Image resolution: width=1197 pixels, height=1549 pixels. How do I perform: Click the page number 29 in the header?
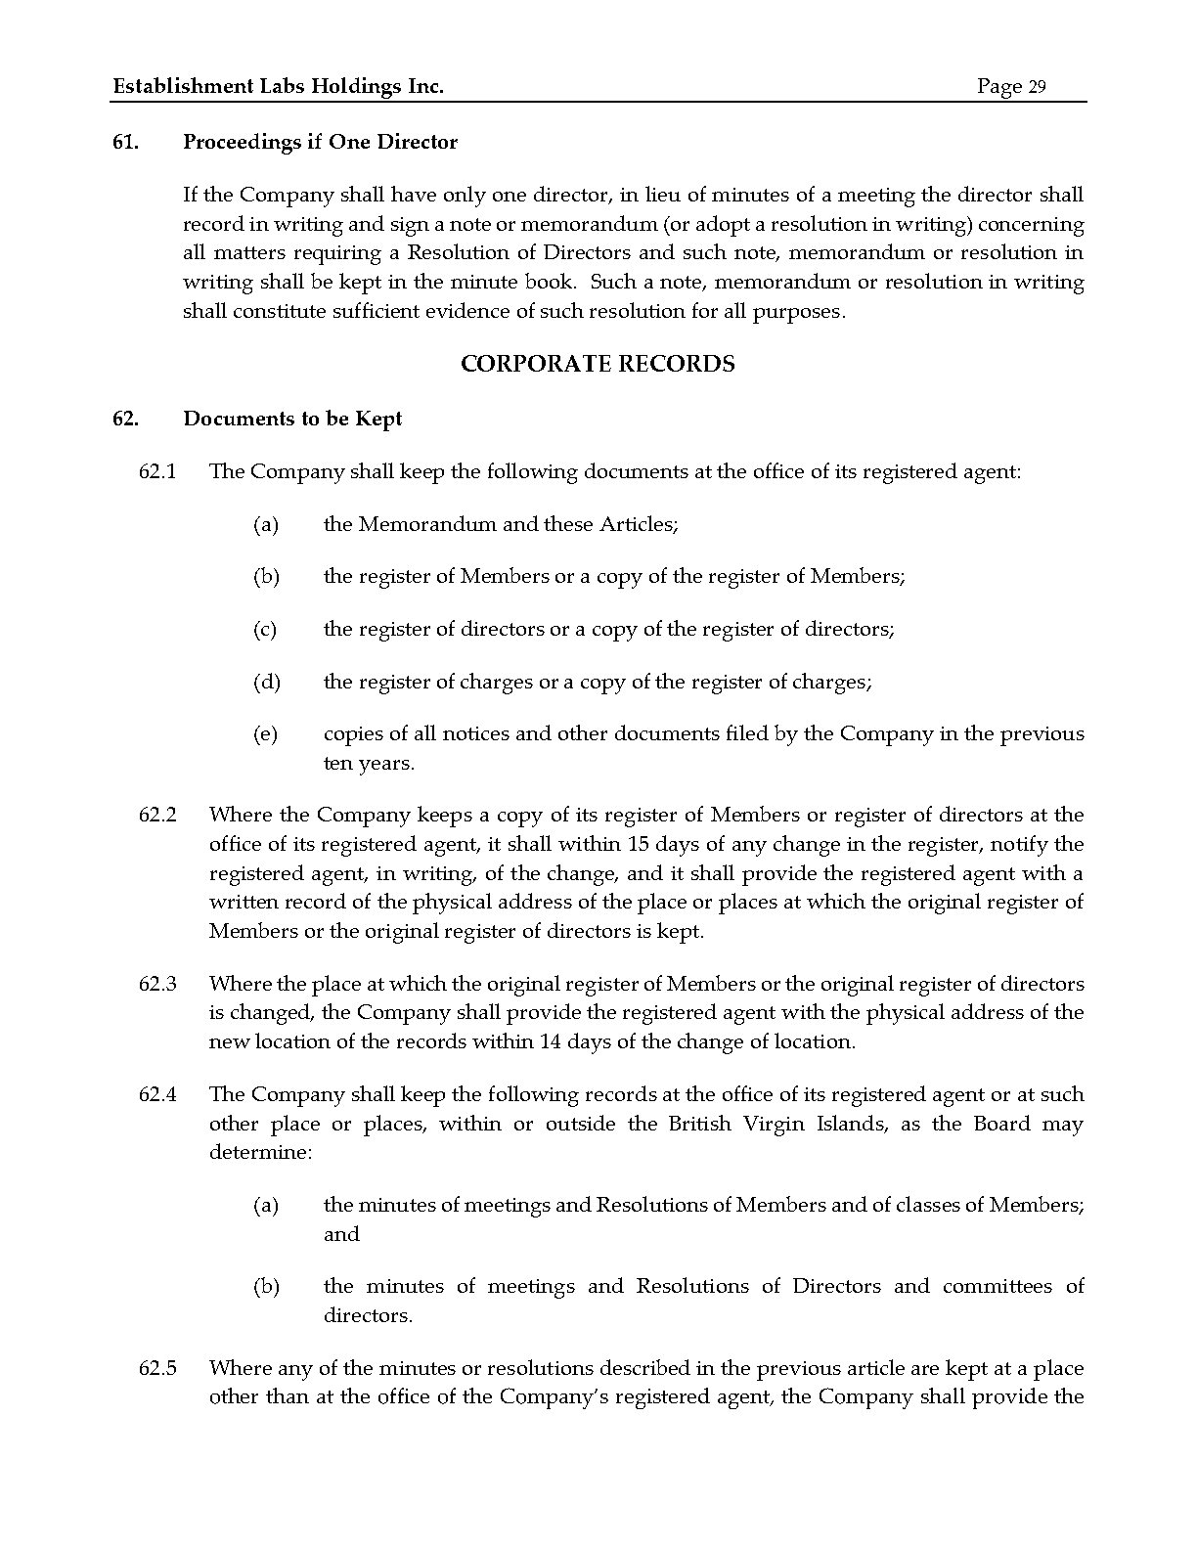1037,87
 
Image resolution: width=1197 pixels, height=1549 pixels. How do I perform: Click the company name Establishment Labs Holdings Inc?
279,87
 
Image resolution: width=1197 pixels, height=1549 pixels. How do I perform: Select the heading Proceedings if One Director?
320,142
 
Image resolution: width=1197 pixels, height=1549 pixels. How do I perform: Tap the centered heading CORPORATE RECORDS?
598,364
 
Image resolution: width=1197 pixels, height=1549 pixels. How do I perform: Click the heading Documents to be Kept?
292,419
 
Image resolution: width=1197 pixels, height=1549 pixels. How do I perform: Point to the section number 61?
124,142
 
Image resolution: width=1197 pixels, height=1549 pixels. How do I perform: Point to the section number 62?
124,419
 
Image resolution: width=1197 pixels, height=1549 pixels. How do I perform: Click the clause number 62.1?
157,471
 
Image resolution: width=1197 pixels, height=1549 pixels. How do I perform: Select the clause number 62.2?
157,815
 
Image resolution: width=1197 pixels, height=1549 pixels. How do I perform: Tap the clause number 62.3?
157,984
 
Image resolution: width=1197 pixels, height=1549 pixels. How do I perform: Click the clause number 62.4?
157,1094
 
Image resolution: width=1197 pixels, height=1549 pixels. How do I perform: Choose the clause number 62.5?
157,1368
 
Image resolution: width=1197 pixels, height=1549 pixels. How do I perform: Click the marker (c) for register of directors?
265,629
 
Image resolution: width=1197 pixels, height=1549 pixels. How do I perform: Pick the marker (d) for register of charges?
266,682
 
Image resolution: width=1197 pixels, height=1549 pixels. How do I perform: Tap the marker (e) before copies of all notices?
265,733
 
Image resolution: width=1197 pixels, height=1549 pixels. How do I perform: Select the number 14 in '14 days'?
550,1041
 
